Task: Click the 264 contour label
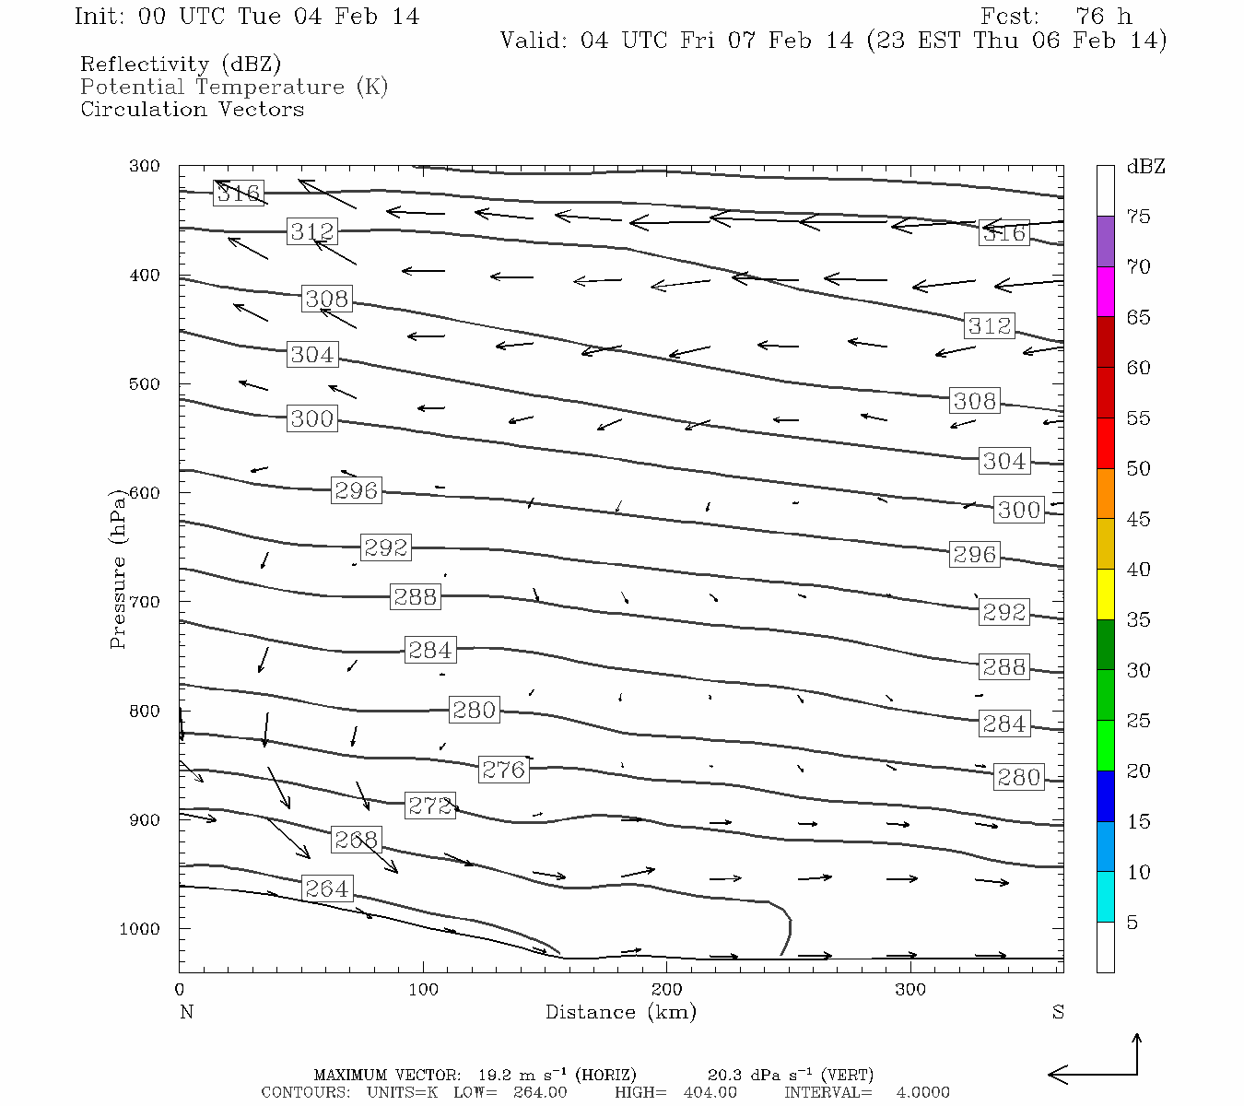click(327, 888)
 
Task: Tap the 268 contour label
click(356, 840)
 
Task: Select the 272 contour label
click(429, 806)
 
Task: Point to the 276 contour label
click(503, 770)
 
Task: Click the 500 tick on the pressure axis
click(145, 384)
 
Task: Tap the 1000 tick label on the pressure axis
click(139, 929)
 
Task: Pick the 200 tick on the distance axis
click(666, 990)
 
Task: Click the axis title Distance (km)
click(620, 1012)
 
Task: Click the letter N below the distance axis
click(186, 1012)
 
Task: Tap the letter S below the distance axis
click(1058, 1012)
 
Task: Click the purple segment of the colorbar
click(1105, 241)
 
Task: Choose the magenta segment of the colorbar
click(1105, 291)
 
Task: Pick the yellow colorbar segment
click(1105, 594)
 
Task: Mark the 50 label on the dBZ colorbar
click(1138, 469)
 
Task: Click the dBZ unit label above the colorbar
click(1145, 167)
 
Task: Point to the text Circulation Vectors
click(192, 109)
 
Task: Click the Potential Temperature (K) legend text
click(234, 87)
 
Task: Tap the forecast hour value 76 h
click(1103, 17)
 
